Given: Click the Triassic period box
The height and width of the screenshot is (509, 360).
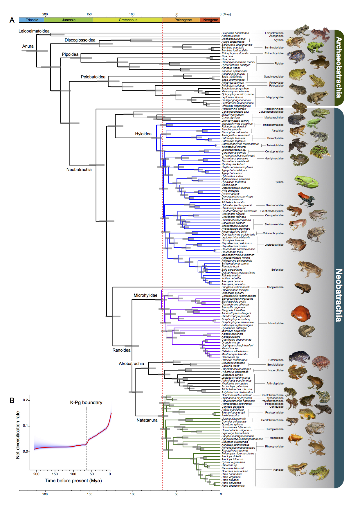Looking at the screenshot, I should pos(32,20).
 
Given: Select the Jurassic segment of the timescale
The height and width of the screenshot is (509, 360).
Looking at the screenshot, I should pos(69,20).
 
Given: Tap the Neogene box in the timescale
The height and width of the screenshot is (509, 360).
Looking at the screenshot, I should pos(210,20).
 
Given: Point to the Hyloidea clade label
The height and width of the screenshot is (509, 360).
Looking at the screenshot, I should pos(143,134).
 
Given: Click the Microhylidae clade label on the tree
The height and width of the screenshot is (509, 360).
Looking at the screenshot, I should pos(145,295).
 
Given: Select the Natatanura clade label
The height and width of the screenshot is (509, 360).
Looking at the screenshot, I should pos(147,420).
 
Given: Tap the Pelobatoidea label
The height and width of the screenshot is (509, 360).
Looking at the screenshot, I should pos(93,77).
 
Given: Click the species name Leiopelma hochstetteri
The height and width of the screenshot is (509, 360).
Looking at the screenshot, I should pos(235,33).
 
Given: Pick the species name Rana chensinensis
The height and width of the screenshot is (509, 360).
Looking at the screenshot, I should pos(233,485).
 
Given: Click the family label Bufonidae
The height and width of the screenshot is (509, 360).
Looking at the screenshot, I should pos(277,270).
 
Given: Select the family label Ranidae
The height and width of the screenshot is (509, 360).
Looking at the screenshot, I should pos(278,470).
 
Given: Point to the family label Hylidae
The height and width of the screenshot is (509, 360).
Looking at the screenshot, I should pos(279,182).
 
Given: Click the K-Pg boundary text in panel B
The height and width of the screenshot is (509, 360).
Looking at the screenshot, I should pos(86,402).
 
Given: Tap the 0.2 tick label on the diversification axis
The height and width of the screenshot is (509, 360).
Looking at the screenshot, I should pos(26,400).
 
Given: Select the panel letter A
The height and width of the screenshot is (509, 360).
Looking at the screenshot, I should pos(12,20).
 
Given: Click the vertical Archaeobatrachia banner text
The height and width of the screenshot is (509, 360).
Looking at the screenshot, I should pos(339,67).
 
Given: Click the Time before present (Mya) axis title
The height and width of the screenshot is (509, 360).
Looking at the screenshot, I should pos(73,481).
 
